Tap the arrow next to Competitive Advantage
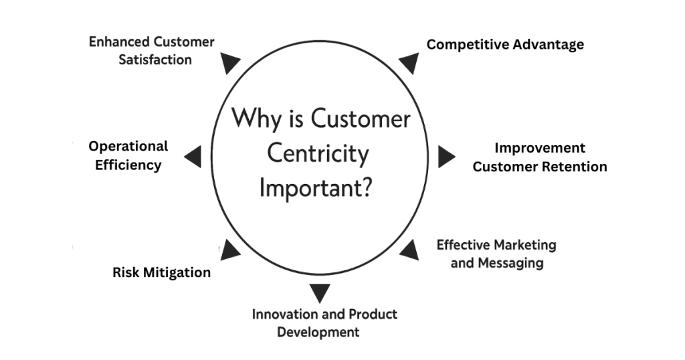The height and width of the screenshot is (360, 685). pos(409,63)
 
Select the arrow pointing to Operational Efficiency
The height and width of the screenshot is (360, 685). pos(193,157)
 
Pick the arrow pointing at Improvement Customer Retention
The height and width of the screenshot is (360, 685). pos(446,157)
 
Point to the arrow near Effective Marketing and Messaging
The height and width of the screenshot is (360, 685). pos(409,250)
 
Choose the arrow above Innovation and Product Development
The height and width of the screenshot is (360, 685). pos(320,292)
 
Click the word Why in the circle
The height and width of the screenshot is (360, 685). pos(254,120)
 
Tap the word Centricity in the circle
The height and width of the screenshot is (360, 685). pos(318,154)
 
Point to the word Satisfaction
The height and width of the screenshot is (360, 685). pos(155,60)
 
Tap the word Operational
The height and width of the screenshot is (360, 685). pos(128,146)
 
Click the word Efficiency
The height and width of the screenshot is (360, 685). pos(128,165)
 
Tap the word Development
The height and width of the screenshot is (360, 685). pos(318,332)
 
